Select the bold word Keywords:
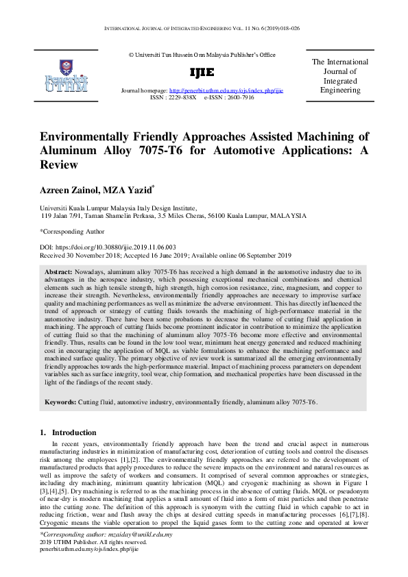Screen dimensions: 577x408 (x=61, y=402)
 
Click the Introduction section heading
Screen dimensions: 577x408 (x=74, y=432)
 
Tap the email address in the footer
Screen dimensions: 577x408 (x=141, y=535)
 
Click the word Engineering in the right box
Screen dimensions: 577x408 (x=340, y=90)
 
